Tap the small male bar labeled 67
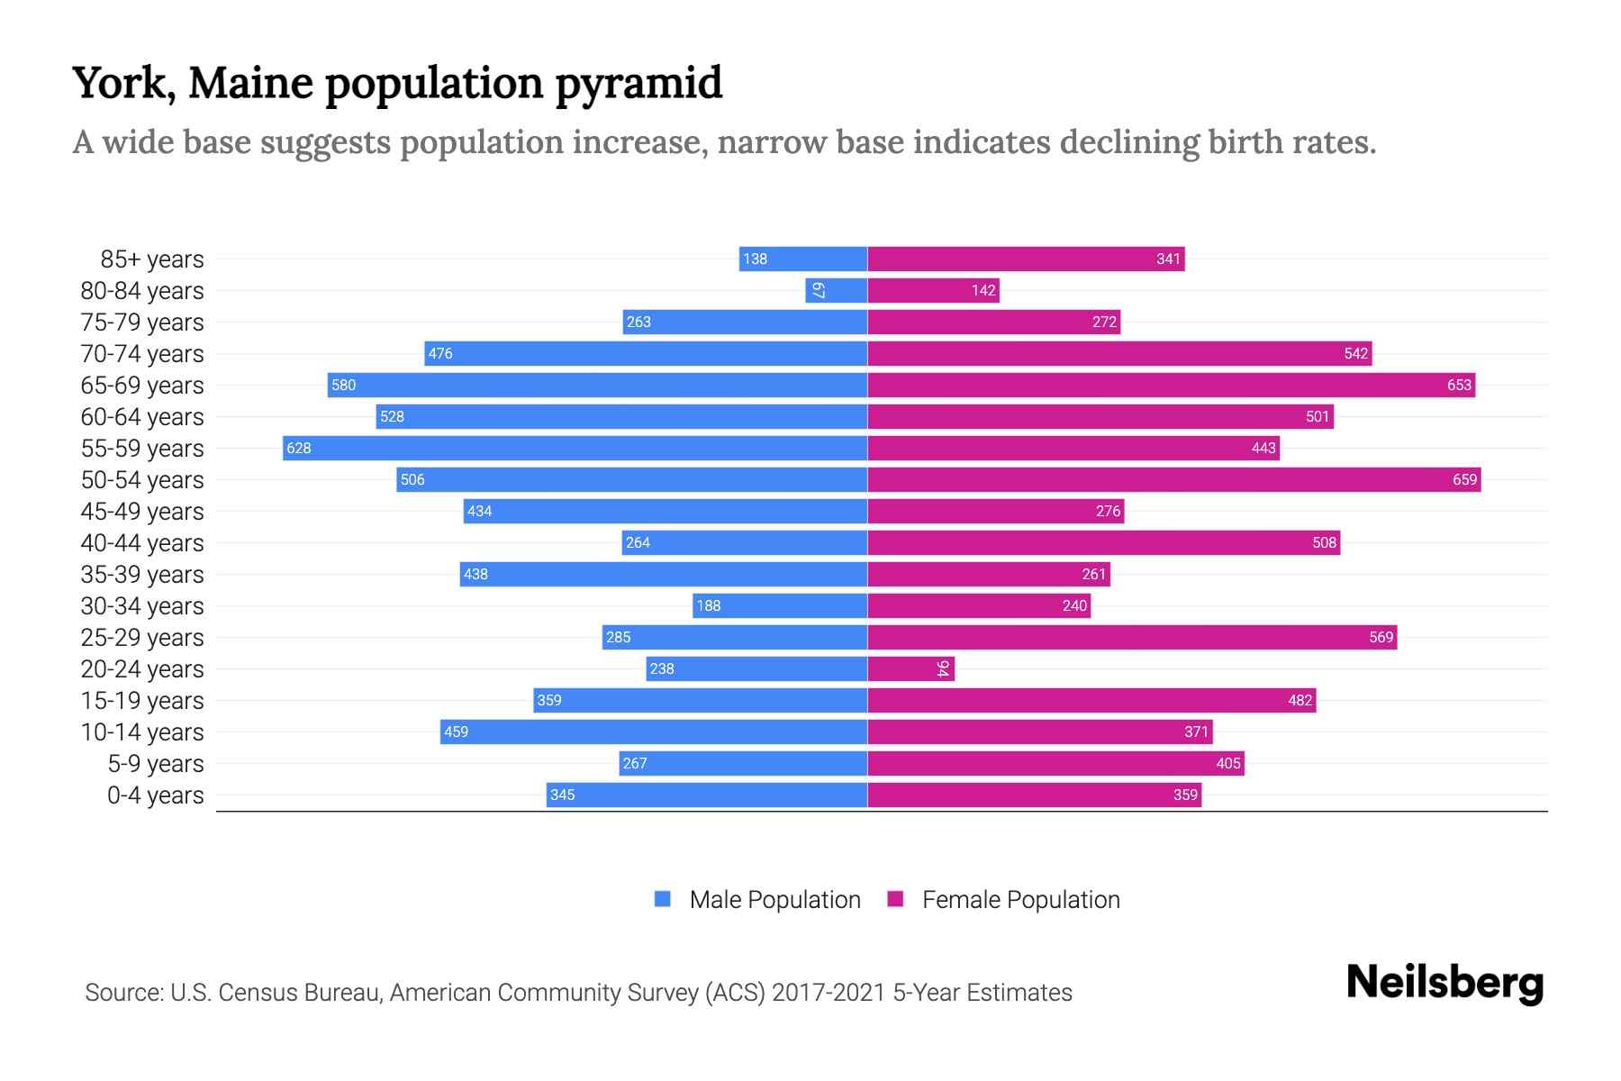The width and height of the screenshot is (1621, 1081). tap(836, 290)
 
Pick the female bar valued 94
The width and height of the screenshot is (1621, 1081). tap(910, 668)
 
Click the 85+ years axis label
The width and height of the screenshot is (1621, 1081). tap(152, 259)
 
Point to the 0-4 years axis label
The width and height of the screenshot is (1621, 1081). tap(155, 795)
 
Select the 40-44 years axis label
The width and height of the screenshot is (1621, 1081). tap(142, 543)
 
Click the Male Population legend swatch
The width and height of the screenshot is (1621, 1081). tap(663, 899)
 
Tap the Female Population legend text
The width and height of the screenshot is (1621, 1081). tap(1020, 900)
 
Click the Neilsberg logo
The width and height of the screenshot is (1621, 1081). tap(1444, 983)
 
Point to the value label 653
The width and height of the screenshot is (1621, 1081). tap(1459, 386)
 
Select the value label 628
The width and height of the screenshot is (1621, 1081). tap(299, 449)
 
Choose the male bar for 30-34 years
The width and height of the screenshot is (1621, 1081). tap(780, 605)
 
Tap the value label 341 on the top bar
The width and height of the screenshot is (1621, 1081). tap(1168, 259)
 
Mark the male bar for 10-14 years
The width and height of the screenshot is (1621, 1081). tap(654, 731)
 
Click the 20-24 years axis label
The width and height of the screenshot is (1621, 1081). tap(142, 669)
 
